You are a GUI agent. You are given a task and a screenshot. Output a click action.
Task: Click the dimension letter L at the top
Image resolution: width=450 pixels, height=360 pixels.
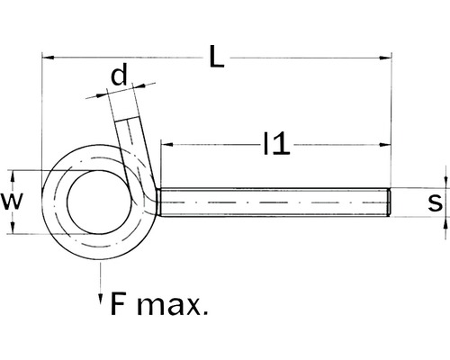tap(216, 56)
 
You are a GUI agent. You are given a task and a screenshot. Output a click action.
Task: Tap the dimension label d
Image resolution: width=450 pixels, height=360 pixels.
tap(117, 77)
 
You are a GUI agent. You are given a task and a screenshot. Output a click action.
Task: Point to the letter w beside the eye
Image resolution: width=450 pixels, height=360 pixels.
tap(11, 200)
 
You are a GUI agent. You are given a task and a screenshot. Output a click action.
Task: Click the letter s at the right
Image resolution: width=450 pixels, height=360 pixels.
tap(436, 202)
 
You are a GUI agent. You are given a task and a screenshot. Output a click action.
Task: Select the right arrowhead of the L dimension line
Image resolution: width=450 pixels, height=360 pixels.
tap(387, 58)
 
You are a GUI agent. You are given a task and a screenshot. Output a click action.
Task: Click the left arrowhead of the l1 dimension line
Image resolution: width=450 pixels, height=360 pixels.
tap(166, 143)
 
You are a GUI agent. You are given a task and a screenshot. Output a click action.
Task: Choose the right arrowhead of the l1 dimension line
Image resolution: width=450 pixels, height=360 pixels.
tap(387, 143)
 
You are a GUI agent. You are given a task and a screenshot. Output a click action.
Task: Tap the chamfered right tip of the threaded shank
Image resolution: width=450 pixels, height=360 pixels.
tap(389, 202)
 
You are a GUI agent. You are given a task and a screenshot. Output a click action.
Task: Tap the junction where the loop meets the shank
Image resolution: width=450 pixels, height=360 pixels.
tap(157, 202)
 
